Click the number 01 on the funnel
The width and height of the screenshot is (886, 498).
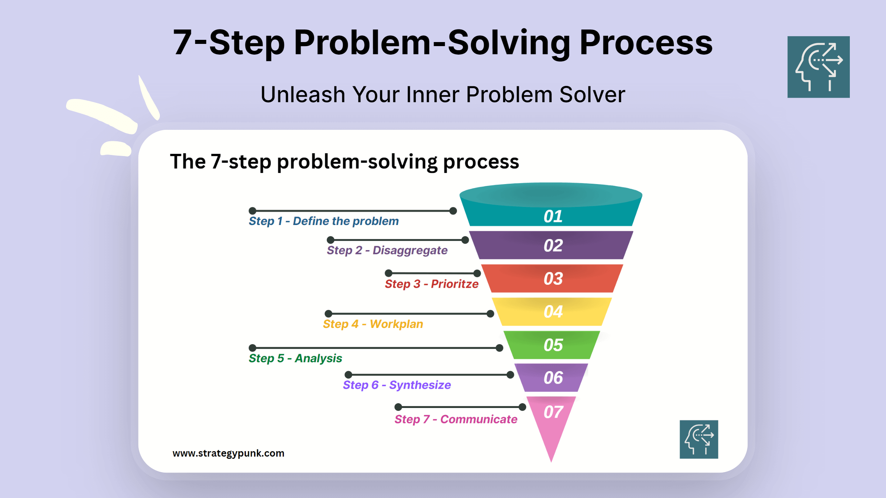[x=553, y=217]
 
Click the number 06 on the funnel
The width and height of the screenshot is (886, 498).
[x=553, y=378]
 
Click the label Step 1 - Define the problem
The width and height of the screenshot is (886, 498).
[x=323, y=221]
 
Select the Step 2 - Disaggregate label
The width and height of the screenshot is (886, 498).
[x=387, y=250]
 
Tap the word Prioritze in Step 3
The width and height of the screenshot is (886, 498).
[x=454, y=284]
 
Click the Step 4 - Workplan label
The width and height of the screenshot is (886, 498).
[x=373, y=324]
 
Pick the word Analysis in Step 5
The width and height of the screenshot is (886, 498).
[x=318, y=358]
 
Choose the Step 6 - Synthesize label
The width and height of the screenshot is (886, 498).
[x=397, y=385]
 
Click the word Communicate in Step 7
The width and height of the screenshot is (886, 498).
[x=478, y=419]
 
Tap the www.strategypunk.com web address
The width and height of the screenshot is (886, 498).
[x=228, y=453]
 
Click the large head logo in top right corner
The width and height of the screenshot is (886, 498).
[x=818, y=67]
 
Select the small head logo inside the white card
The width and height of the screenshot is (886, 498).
[x=699, y=439]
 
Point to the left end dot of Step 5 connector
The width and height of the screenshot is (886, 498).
[x=253, y=348]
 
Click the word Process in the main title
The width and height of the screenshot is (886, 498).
[x=646, y=43]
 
